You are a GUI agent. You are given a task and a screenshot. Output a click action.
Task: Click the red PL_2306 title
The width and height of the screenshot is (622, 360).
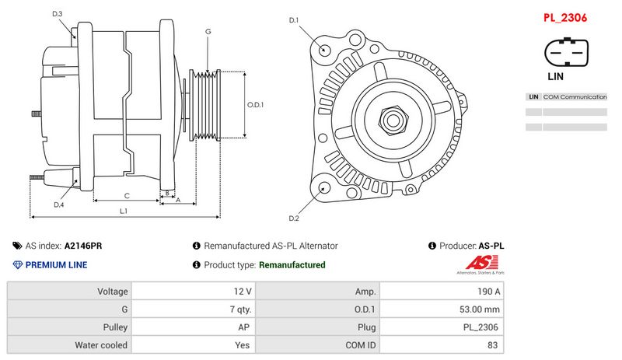(564, 17)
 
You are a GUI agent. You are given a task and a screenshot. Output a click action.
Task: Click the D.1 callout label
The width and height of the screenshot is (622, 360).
(294, 20)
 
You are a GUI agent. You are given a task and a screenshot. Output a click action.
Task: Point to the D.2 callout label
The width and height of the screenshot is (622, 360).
(294, 218)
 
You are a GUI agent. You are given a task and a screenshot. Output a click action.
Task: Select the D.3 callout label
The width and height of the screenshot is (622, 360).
(58, 14)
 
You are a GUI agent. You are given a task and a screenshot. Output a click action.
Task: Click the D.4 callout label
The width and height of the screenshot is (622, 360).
(59, 204)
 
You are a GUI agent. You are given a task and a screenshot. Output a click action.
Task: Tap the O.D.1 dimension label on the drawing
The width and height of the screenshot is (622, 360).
(256, 105)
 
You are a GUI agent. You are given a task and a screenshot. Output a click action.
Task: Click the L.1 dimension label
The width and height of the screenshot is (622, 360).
(124, 211)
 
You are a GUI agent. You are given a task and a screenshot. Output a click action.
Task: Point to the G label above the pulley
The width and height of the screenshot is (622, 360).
(208, 31)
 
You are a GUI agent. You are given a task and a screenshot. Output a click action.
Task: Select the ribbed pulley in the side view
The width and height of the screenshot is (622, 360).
(207, 107)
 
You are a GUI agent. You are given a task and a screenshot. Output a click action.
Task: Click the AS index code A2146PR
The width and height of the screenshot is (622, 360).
(83, 246)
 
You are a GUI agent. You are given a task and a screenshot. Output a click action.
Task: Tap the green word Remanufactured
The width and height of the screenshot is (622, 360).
(292, 265)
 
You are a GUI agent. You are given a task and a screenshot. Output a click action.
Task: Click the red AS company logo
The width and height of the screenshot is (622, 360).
(476, 263)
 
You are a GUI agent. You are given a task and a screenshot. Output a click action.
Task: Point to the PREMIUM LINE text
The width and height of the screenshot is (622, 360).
(56, 265)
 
